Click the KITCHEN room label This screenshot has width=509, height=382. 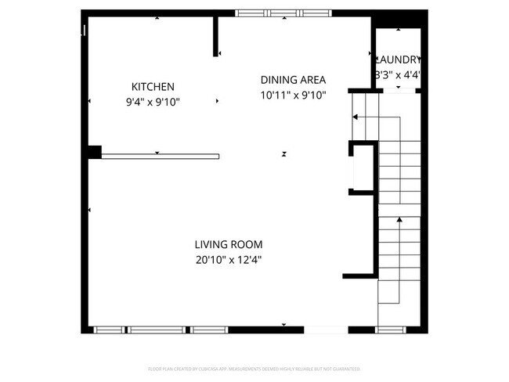(153, 87)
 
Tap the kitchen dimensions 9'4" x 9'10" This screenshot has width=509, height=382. (153, 102)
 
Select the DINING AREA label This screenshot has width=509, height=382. (293, 80)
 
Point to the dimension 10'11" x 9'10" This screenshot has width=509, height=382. (293, 95)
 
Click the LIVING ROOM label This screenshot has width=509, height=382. (229, 244)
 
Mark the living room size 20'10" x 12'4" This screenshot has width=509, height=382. (229, 261)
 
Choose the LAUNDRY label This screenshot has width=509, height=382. (399, 59)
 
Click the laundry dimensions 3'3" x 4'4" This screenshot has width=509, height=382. (399, 75)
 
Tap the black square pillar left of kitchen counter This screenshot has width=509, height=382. (95, 152)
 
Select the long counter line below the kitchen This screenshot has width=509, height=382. (160, 156)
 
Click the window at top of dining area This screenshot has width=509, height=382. (283, 13)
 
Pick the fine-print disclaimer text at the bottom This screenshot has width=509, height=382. (254, 368)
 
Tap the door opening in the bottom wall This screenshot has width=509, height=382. (326, 330)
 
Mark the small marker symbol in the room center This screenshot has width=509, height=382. (283, 154)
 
